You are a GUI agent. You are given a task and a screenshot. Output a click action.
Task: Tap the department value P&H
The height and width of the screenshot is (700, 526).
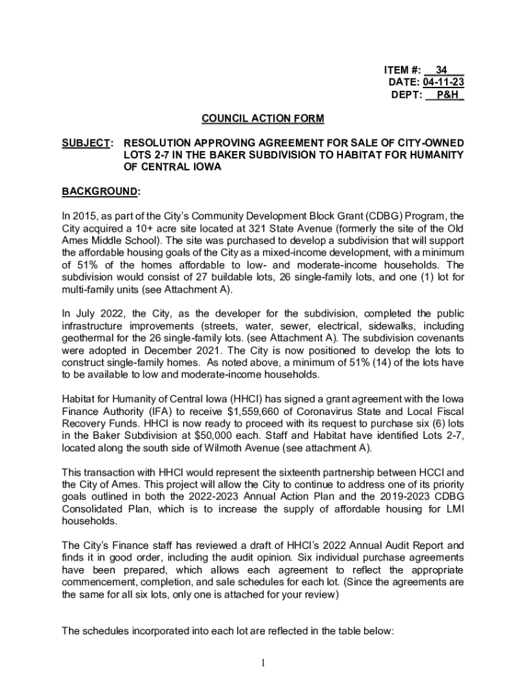tap(447, 95)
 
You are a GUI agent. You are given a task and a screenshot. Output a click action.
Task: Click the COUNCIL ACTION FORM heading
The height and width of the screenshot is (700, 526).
tap(262, 119)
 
